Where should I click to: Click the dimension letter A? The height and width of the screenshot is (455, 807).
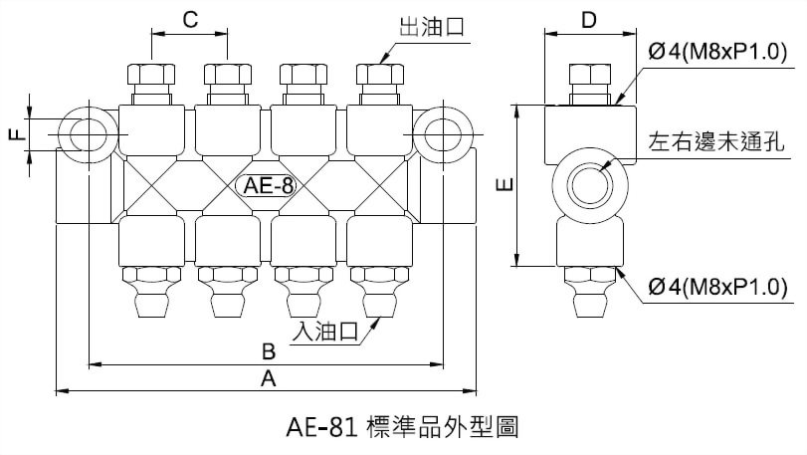coord(267,379)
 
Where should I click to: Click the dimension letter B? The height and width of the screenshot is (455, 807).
coord(267,352)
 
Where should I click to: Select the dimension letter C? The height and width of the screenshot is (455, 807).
coord(190,18)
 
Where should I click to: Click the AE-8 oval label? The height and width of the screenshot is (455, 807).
coord(262,185)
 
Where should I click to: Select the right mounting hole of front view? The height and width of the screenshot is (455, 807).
coord(443,133)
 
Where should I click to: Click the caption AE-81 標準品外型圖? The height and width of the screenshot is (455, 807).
coord(403,428)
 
